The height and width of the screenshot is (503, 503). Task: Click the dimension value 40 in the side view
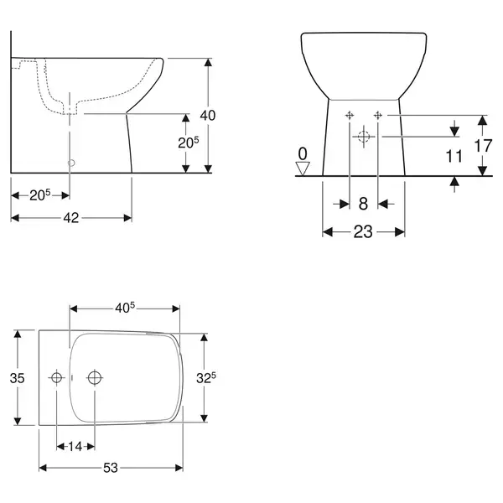tap(208, 115)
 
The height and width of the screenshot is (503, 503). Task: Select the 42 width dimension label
tap(71, 218)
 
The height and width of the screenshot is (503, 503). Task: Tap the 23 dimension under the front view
tap(363, 231)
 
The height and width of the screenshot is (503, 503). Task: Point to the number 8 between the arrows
tap(363, 204)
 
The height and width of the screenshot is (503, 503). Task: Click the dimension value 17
tap(483, 146)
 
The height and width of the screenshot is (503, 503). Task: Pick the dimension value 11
tap(454, 156)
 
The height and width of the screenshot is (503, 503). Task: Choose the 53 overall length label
tap(111, 468)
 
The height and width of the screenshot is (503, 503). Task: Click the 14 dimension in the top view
tap(75, 446)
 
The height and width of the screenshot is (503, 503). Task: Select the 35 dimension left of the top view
tap(17, 378)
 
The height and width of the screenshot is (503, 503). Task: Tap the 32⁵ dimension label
tap(206, 378)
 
